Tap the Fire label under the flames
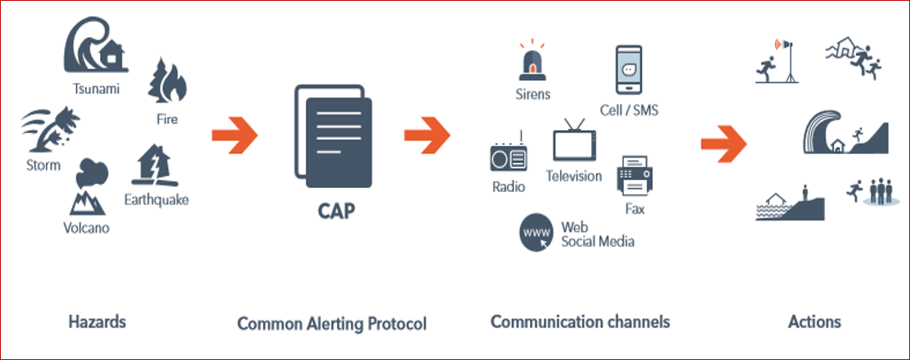pos(168,119)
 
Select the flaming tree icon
pos(166,83)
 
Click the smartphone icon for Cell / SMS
pos(628,72)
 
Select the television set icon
pos(574,142)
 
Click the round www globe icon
pos(536,233)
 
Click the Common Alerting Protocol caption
pos(331,324)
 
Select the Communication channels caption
pos(580,322)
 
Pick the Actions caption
pos(814,322)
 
